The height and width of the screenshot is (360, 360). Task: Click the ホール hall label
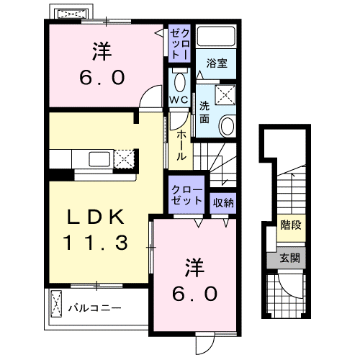tap(181, 143)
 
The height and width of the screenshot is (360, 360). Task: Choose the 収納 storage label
tap(222, 202)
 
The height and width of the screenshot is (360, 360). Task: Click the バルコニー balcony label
tap(94, 308)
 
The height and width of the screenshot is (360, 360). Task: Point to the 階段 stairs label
tap(291, 225)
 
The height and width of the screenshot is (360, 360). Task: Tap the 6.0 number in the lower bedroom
tap(195, 294)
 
